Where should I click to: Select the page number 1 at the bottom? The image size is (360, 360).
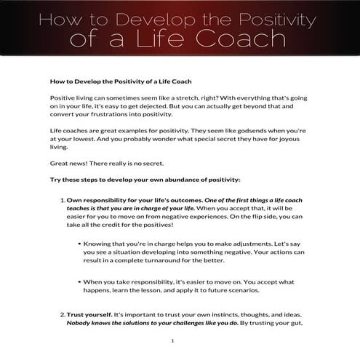tap(172, 340)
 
